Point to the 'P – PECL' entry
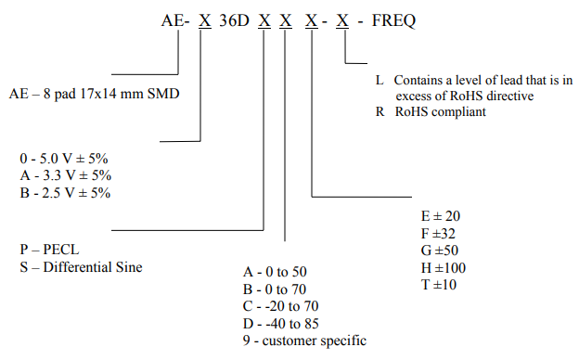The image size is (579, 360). (47, 251)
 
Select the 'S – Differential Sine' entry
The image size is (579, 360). (81, 268)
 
